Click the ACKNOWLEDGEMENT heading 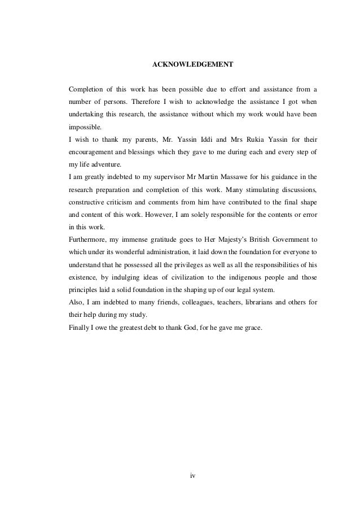[x=193, y=65]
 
